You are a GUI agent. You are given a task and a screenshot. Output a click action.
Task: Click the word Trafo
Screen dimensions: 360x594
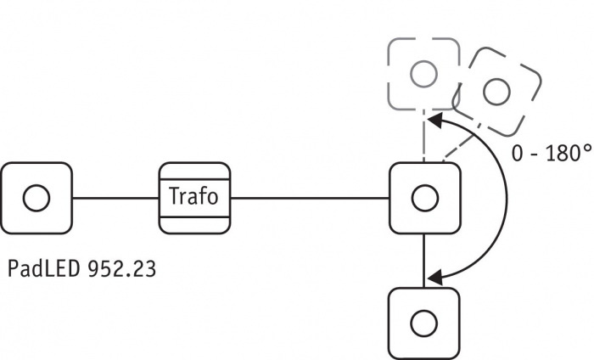tap(194, 197)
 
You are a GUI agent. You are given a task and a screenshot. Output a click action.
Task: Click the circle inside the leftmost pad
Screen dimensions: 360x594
tap(36, 198)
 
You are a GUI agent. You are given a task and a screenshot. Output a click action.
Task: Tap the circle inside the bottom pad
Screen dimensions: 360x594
tap(423, 323)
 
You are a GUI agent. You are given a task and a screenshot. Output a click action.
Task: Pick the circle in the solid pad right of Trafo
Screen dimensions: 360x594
tap(423, 198)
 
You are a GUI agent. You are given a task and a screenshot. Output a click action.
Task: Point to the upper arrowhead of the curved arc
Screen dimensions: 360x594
tap(434, 122)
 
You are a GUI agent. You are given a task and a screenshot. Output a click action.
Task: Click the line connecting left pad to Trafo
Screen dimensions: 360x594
tap(115, 198)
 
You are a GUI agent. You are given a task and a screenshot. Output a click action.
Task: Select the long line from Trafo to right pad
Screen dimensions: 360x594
tap(309, 198)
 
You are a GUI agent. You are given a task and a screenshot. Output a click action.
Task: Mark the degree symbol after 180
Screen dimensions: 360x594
tap(586, 149)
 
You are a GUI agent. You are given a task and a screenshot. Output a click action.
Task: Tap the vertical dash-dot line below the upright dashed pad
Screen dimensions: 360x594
tap(423, 136)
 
